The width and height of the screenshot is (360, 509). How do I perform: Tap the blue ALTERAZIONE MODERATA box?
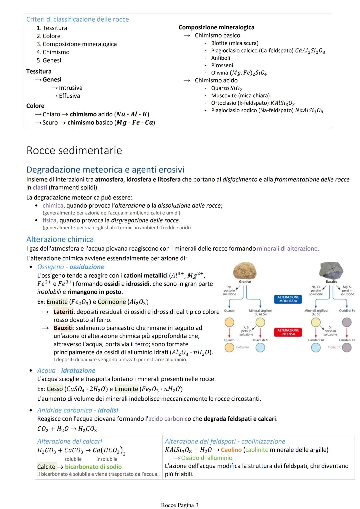(288, 299)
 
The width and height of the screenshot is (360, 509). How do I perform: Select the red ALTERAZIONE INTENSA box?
(288, 332)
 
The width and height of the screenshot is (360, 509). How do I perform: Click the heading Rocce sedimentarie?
(74, 150)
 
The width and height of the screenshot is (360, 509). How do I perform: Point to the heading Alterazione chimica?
(60, 239)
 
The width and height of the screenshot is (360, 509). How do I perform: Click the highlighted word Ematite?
(57, 302)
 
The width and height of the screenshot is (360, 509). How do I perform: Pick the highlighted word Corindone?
(112, 302)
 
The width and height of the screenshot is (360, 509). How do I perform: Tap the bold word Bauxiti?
(63, 328)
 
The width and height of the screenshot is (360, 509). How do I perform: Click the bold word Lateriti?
(63, 312)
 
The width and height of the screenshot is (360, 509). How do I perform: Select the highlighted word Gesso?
(55, 389)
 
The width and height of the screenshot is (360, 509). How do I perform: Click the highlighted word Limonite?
(126, 389)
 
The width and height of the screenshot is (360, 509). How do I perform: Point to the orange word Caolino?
(231, 450)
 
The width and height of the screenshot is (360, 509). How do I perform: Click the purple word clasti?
(40, 188)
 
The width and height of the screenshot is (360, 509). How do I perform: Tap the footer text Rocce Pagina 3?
(179, 505)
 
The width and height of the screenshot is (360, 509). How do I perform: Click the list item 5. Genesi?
(49, 60)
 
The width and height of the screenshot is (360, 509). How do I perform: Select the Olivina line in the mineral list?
(238, 73)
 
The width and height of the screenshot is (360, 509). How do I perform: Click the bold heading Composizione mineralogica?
(216, 27)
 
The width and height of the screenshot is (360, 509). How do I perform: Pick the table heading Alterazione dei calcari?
(70, 441)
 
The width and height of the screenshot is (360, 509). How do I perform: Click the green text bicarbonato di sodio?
(93, 467)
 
